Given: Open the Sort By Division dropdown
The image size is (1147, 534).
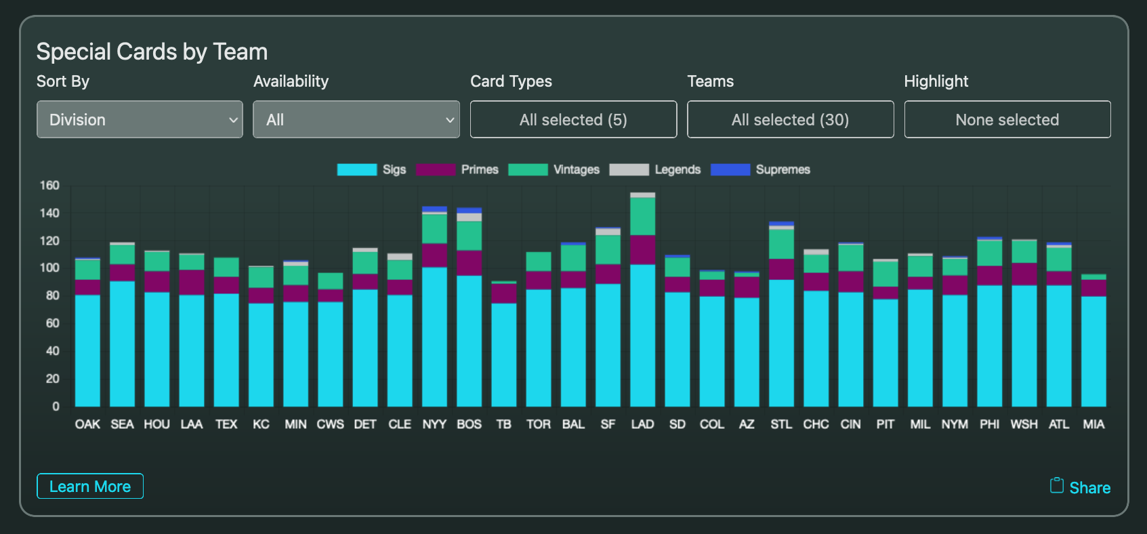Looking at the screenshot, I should pyautogui.click(x=140, y=119).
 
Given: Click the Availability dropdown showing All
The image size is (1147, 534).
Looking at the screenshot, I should pyautogui.click(x=356, y=119).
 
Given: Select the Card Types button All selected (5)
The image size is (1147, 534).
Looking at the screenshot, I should pyautogui.click(x=573, y=119).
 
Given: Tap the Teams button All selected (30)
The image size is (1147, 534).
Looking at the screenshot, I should pyautogui.click(x=790, y=119).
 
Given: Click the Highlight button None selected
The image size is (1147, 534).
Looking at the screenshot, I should pyautogui.click(x=1007, y=119).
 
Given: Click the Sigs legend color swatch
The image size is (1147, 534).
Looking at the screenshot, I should pyautogui.click(x=356, y=169).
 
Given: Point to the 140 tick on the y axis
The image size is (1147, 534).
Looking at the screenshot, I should pyautogui.click(x=49, y=213).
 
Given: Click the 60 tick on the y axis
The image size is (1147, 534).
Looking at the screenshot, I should pyautogui.click(x=52, y=323).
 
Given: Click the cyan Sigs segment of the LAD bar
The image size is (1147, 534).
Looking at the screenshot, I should pyautogui.click(x=642, y=335).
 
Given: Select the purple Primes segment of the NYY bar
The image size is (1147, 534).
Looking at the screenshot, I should pyautogui.click(x=434, y=255).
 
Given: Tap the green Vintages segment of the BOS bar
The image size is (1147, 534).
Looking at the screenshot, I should pyautogui.click(x=469, y=235).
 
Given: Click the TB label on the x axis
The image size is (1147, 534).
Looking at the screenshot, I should pyautogui.click(x=503, y=424).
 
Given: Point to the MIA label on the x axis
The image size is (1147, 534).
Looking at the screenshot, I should pyautogui.click(x=1093, y=424).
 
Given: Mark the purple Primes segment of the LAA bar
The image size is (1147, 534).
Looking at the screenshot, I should pyautogui.click(x=192, y=283).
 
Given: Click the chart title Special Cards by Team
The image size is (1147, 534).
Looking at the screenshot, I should pyautogui.click(x=152, y=52).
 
